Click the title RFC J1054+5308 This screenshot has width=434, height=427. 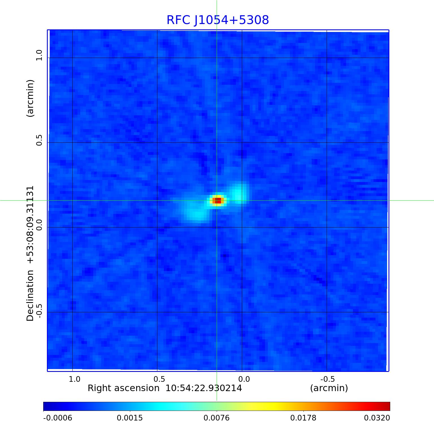(218, 20)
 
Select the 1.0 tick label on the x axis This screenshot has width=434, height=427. (75, 379)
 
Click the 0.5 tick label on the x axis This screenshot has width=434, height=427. (159, 379)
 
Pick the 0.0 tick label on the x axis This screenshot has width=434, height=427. (244, 379)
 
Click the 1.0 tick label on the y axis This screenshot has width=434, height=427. (39, 55)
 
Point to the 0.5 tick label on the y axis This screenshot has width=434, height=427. (39, 140)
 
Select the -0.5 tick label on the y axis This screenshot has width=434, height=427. (39, 311)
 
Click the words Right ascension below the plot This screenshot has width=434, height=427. (123, 388)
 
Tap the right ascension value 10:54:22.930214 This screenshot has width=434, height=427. (203, 388)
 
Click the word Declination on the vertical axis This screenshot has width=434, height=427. (30, 295)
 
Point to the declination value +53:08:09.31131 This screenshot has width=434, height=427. (30, 225)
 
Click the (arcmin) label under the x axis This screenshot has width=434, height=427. (329, 388)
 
